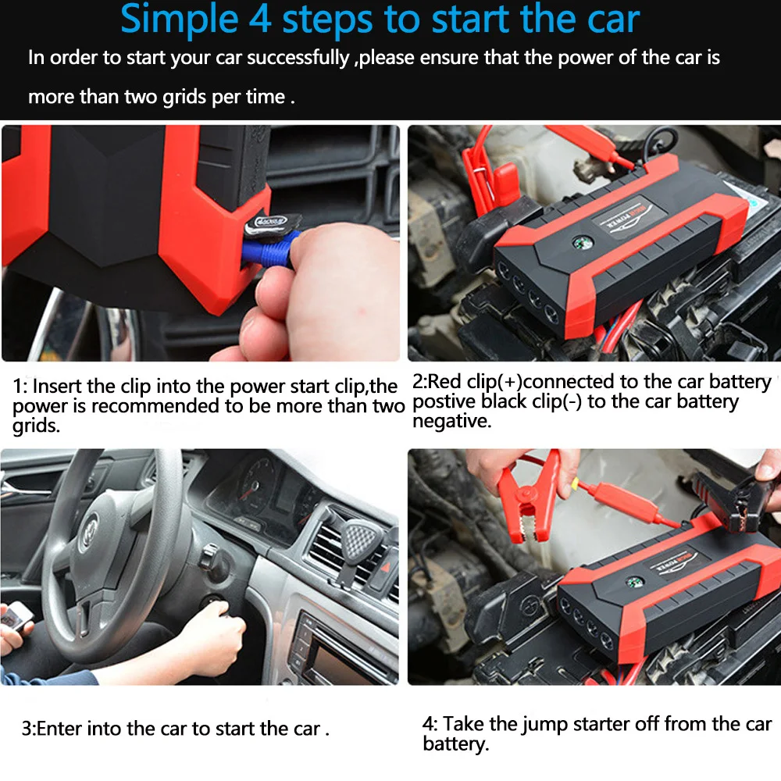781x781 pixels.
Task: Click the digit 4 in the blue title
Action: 261,19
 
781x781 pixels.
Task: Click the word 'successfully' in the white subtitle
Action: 298,59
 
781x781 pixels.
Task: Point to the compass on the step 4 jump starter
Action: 633,582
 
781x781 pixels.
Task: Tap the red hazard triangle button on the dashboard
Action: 386,567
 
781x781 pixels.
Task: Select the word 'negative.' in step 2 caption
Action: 451,422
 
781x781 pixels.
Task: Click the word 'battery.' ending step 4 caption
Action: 456,744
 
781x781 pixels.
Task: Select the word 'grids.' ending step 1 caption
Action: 37,426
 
